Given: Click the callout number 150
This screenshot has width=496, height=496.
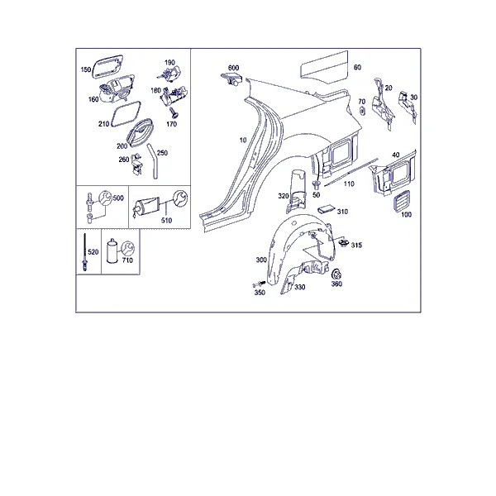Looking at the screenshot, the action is [86, 69].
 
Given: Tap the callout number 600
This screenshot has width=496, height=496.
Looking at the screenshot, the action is [233, 68].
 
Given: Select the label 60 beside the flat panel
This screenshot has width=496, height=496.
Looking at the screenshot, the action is [357, 68].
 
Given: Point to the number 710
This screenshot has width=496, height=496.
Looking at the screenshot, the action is [127, 260].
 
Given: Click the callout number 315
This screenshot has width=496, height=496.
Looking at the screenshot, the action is [356, 246].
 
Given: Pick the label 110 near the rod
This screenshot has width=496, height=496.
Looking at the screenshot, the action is [349, 184].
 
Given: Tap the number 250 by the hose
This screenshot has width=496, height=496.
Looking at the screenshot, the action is [162, 153].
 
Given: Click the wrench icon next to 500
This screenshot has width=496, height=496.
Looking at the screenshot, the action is [105, 198].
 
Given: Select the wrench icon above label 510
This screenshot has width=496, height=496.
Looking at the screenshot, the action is [180, 198].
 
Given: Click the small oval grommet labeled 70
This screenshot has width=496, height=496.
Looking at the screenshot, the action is [362, 111].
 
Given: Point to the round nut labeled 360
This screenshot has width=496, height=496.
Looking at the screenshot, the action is [336, 274].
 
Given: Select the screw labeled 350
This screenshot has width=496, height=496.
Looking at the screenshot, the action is [258, 284].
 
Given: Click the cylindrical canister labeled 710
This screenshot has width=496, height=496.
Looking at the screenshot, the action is [112, 251].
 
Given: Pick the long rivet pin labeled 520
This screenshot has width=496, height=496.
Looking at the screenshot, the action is [85, 252].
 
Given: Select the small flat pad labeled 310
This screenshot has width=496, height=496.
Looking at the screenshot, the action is [327, 209].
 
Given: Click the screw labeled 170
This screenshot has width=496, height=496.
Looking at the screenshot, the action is [173, 112].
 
